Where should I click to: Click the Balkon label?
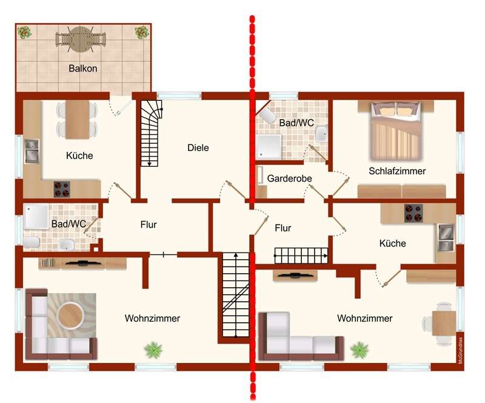coord(83,68)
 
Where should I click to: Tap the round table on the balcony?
coord(81,39)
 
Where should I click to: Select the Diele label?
coord(198,147)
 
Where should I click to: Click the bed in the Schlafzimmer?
coord(396,130)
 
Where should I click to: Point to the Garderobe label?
coord(289,178)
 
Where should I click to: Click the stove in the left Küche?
coord(62,189)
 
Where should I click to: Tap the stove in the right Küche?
coord(413,213)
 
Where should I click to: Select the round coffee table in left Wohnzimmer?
coord(70,316)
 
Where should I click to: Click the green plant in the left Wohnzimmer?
coord(153,350)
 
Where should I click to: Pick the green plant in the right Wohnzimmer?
coord(360,350)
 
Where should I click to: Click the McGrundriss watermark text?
coord(461,350)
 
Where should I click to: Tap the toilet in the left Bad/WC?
coord(31,242)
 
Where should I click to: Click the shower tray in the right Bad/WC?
coord(269,146)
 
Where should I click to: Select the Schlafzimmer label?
coord(397,171)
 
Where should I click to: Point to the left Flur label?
coord(149,225)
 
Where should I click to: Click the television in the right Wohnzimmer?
coord(295,275)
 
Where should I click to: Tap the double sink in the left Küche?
coord(32,152)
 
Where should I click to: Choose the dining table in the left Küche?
coord(78,120)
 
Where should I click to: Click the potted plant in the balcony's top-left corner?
coord(24,32)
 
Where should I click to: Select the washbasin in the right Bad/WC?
coord(322,134)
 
